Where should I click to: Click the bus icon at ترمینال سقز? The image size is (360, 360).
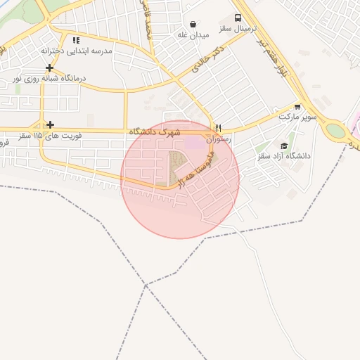(238, 18)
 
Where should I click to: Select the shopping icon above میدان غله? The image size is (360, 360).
(193, 24)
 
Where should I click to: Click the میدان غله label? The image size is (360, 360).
(193, 34)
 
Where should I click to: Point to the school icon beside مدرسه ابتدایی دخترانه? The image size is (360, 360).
(76, 40)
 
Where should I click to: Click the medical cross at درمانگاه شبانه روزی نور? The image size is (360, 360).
(49, 67)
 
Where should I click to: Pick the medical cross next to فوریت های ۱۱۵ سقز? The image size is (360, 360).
(49, 125)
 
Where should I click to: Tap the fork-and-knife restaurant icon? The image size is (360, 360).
(219, 129)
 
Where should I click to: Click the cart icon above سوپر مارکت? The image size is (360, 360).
(298, 107)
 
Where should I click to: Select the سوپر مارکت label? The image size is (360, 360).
(295, 117)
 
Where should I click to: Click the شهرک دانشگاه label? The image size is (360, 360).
(155, 131)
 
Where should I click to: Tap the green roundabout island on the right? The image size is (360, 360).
(336, 131)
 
